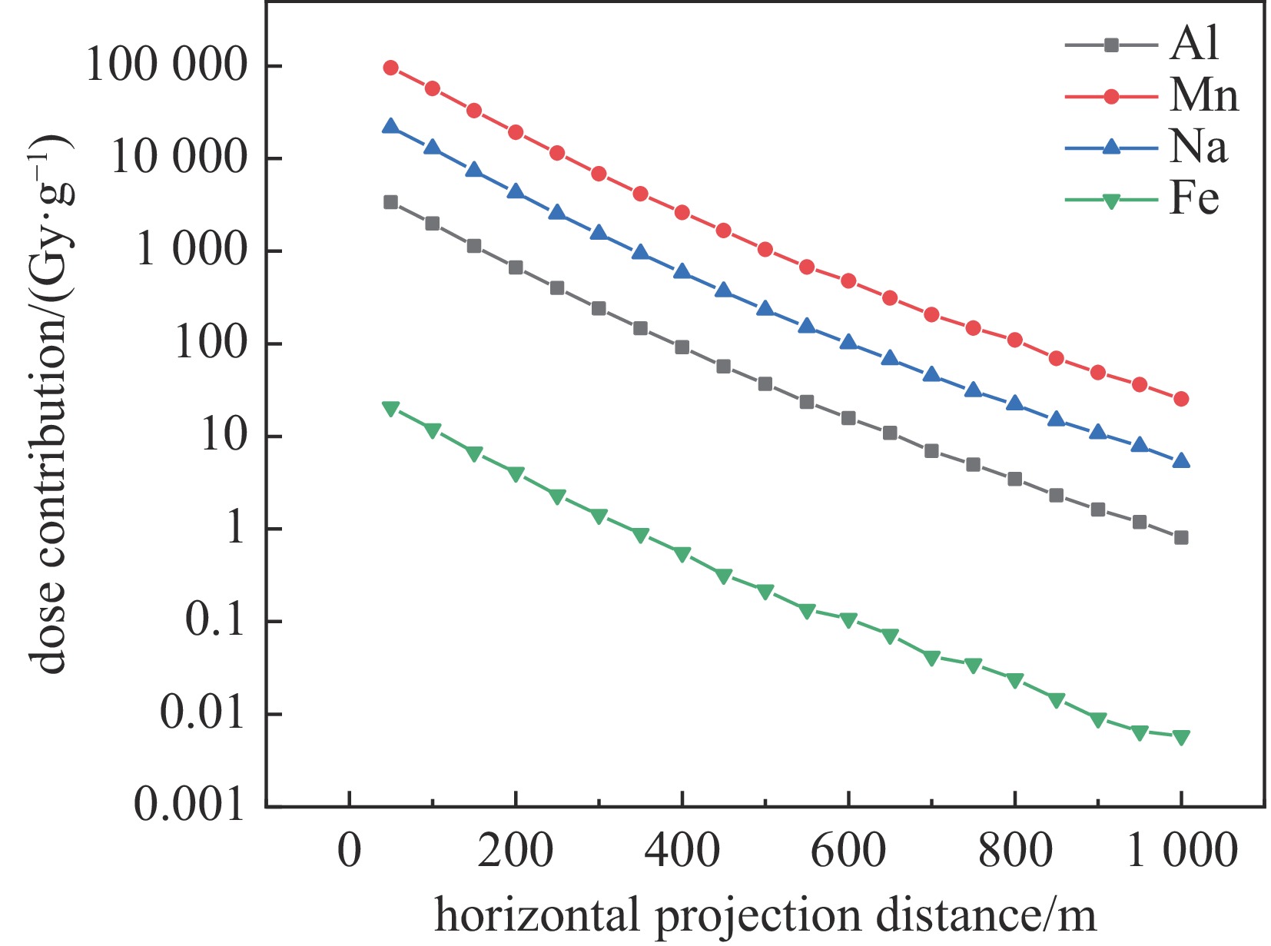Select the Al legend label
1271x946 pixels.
(x=1194, y=44)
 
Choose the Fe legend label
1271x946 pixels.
(x=1194, y=198)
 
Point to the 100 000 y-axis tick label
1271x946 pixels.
(x=167, y=65)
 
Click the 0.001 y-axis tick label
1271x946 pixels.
(x=189, y=805)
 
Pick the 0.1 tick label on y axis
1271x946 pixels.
(x=214, y=620)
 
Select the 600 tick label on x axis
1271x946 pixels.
(x=848, y=851)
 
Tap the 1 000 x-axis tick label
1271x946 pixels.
(x=1182, y=851)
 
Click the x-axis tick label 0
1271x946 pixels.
(x=350, y=851)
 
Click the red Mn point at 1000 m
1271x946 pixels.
(x=1181, y=399)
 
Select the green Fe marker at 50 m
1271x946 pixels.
(x=390, y=409)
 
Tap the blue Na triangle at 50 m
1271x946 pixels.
(x=390, y=126)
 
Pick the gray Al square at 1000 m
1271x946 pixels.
(x=1181, y=537)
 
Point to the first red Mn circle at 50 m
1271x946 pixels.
(x=390, y=68)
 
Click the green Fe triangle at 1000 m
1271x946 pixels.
(x=1181, y=737)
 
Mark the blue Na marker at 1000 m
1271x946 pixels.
(x=1181, y=461)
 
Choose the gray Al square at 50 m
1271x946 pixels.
(x=390, y=202)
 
